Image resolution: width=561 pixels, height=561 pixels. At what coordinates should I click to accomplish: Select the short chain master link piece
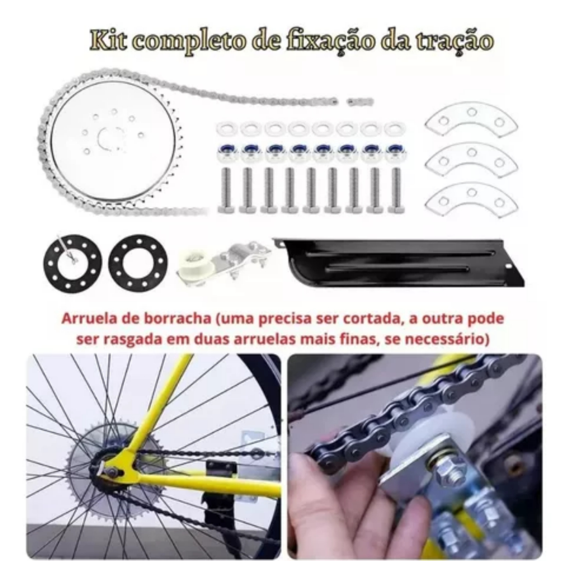[360, 102]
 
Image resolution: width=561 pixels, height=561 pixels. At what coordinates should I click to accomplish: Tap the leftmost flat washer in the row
[226, 128]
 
